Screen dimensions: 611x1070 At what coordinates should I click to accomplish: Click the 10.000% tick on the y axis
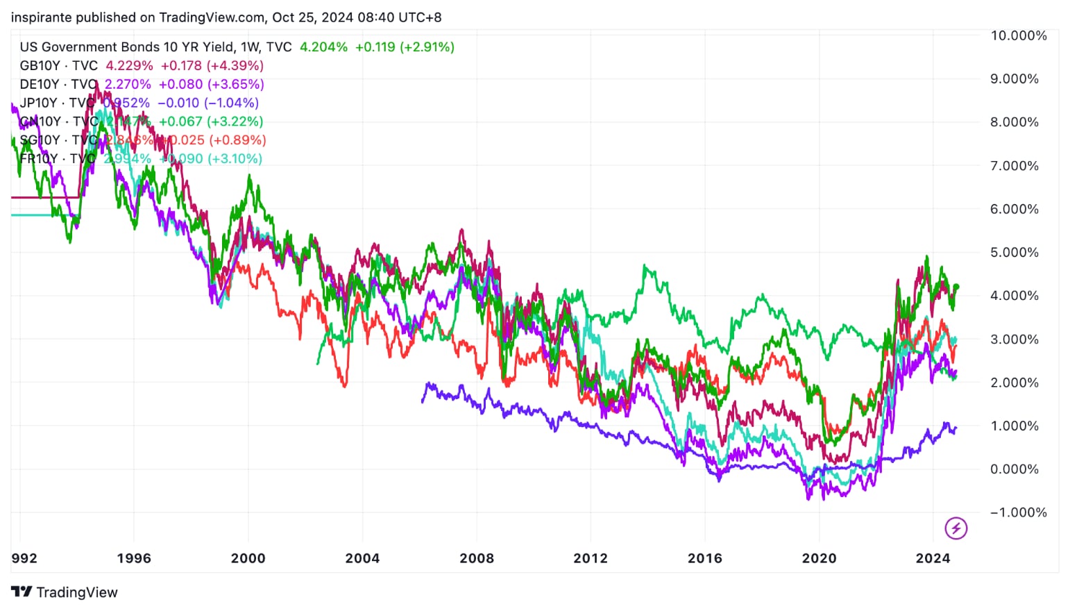tap(1018, 35)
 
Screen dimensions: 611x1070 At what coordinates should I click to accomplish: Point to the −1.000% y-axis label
tap(1018, 512)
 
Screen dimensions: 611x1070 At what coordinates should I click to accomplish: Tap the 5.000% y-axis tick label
tap(1014, 252)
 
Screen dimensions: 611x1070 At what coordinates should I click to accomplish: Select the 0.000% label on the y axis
tap(1014, 469)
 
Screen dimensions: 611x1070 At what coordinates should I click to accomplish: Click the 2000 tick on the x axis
tap(248, 558)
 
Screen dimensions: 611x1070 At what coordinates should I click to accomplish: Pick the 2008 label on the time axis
tap(477, 558)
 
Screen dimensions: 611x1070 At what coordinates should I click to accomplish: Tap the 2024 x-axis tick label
tap(933, 558)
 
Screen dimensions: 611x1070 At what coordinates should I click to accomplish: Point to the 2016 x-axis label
tap(704, 558)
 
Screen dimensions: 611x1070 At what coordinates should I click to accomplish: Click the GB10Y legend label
tap(40, 66)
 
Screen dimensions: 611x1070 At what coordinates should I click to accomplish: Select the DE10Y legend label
tap(40, 85)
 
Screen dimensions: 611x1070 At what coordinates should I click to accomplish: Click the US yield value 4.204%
tap(323, 47)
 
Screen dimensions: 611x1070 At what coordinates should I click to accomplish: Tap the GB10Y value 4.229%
tap(129, 66)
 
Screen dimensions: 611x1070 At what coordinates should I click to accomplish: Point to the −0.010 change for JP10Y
tap(178, 103)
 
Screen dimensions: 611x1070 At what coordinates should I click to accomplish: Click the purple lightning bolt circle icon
tap(956, 528)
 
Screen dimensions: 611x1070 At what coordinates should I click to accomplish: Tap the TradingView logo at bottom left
tap(65, 592)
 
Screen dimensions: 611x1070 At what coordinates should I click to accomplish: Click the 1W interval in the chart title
tap(249, 47)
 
